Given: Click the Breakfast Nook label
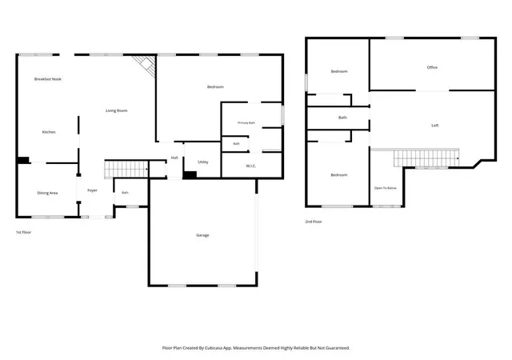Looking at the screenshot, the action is click(48, 79).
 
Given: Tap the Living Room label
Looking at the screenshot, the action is click(117, 110).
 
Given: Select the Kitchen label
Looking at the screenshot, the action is click(49, 132).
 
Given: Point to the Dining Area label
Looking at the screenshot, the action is click(47, 193).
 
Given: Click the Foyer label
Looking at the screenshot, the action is click(93, 190).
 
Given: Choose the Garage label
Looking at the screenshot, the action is click(202, 235).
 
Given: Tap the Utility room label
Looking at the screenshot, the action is click(203, 162).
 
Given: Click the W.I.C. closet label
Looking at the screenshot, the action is click(250, 166).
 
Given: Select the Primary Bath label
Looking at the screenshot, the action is click(246, 123).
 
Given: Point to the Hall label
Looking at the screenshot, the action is click(174, 158).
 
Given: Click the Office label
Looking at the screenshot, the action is click(432, 67).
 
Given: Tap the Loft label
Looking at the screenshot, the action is click(435, 126).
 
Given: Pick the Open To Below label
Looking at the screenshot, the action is click(386, 188).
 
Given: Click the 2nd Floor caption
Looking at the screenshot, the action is click(314, 222).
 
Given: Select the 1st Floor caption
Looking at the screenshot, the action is click(23, 232).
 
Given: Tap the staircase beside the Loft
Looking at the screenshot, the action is click(426, 158).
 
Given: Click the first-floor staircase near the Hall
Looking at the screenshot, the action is click(126, 170).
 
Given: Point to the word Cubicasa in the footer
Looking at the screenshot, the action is click(214, 348).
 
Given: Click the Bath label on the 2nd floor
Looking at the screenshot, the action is click(342, 118).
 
